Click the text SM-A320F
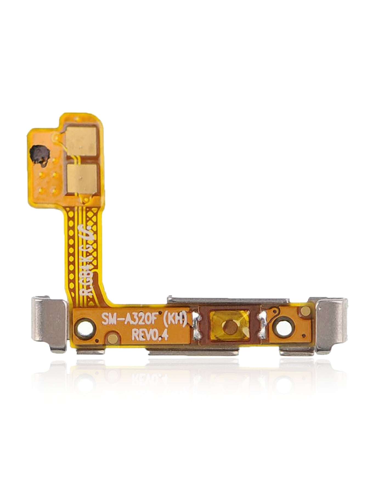[x=132, y=319]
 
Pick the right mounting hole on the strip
[x=283, y=327]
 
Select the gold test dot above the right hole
[x=304, y=311]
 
